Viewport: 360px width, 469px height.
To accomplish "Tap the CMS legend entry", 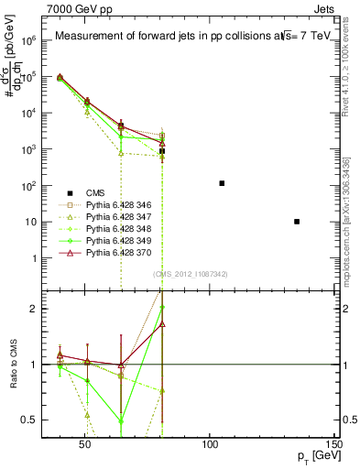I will tap(98, 192).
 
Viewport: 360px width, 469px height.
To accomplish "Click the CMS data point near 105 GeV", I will tap(222, 183).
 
